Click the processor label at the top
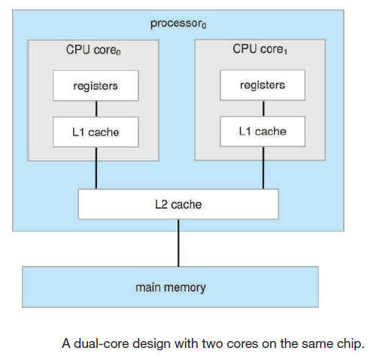coord(178,23)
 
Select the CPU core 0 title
coord(93,50)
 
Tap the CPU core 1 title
coord(260,49)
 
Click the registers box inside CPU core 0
coord(96,86)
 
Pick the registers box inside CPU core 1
coord(263,85)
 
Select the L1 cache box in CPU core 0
coord(96,132)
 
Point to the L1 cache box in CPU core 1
coord(263,131)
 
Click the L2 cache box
coord(178,204)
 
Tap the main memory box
coord(170,287)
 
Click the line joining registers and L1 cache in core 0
coord(96,109)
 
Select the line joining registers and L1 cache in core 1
coord(263,108)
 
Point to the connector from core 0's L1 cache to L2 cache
coord(96,168)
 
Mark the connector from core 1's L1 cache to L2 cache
coord(263,168)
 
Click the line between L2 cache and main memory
coord(178,243)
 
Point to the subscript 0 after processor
coord(204,26)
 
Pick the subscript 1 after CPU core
coord(285,51)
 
